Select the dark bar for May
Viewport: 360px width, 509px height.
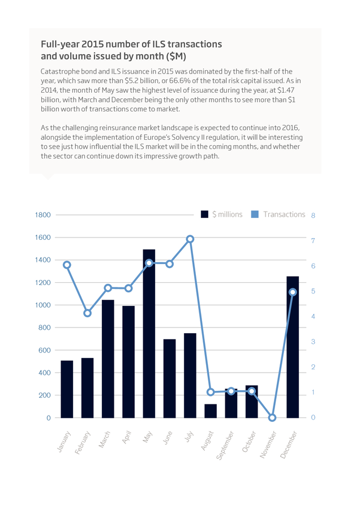click(x=149, y=333)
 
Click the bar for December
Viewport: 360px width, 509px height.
click(x=293, y=347)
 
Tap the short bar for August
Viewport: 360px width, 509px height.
click(x=211, y=411)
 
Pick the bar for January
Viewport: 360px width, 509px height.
click(x=67, y=389)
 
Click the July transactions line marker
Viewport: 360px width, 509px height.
click(x=190, y=239)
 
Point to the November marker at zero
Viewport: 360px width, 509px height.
click(x=272, y=417)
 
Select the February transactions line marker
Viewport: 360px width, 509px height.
click(x=87, y=313)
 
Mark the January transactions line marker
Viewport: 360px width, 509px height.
click(x=67, y=265)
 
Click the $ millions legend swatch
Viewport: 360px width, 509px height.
click(x=204, y=214)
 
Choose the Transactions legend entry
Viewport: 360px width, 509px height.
click(x=278, y=214)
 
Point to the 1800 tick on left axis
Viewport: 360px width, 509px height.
click(x=43, y=215)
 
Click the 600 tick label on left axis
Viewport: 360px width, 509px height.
click(x=45, y=350)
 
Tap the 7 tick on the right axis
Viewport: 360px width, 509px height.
click(x=313, y=240)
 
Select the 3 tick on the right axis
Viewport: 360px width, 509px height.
click(x=313, y=342)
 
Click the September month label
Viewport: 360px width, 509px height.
click(x=225, y=446)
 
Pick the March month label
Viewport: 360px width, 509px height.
click(x=105, y=439)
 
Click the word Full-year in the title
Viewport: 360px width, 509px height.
click(x=60, y=45)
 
